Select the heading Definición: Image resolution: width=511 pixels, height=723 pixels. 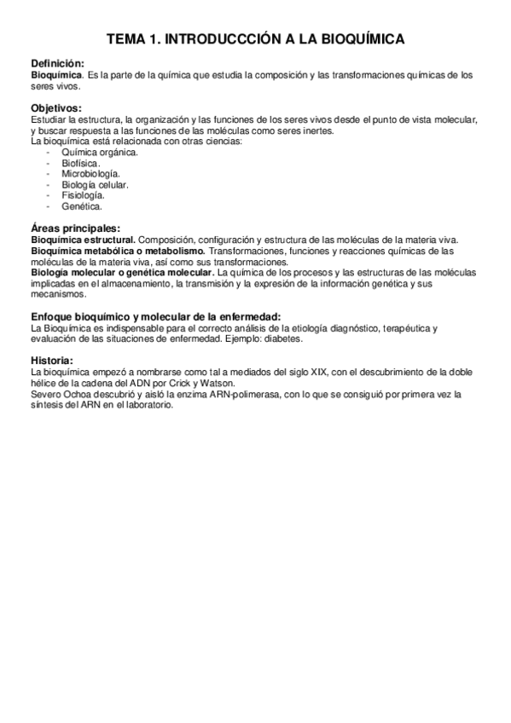(x=57, y=64)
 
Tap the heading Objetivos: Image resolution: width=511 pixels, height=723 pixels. (x=56, y=108)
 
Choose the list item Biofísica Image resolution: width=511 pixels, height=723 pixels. (x=81, y=163)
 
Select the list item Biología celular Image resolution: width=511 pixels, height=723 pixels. (x=95, y=184)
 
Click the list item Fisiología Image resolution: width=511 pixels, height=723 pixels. (x=83, y=195)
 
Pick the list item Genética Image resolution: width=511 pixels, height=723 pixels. (x=82, y=206)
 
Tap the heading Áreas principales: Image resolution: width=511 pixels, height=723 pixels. (x=74, y=228)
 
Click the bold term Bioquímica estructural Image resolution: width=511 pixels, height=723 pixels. (x=83, y=240)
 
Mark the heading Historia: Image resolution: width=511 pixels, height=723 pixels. (x=52, y=361)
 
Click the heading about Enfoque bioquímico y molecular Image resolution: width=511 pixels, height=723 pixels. (x=156, y=317)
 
